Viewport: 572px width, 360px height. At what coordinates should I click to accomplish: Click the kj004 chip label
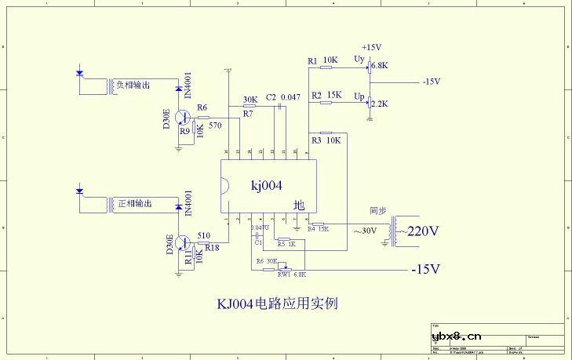(x=266, y=185)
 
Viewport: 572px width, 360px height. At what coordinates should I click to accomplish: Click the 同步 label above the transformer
(x=378, y=211)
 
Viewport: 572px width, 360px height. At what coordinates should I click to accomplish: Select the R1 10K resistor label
(x=322, y=60)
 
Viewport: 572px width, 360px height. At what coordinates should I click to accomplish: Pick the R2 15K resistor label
(x=326, y=95)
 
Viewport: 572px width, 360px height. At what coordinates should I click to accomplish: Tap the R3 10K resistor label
(x=326, y=140)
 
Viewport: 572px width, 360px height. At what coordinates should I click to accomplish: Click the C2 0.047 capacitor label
(x=283, y=97)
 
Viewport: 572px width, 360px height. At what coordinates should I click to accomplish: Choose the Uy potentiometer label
(x=359, y=59)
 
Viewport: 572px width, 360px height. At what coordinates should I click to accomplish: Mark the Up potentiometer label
(x=359, y=96)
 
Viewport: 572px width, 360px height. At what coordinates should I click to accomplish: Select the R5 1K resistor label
(x=286, y=244)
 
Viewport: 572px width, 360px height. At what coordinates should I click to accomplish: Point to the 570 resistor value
(x=215, y=125)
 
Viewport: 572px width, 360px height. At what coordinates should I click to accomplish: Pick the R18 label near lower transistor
(x=212, y=246)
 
